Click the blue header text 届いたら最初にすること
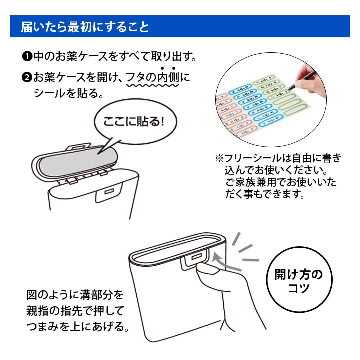[x=85, y=27]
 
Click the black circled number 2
[x=27, y=78]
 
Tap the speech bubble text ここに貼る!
[x=133, y=121]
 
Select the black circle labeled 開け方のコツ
[x=299, y=282]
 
